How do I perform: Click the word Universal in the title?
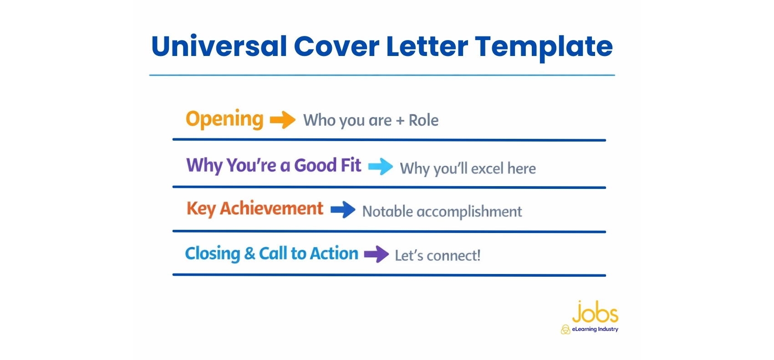(x=219, y=46)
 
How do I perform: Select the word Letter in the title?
(x=427, y=46)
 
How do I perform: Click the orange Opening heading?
(x=224, y=120)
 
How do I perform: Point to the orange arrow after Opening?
(x=283, y=120)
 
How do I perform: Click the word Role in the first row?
(x=423, y=120)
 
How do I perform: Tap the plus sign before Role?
(x=400, y=121)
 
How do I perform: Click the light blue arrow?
(x=381, y=167)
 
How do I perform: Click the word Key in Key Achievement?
(x=201, y=209)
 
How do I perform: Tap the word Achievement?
(x=272, y=208)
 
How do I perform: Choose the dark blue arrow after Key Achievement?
(x=343, y=210)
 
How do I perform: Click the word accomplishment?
(x=469, y=212)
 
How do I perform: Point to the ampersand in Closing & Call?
(x=250, y=254)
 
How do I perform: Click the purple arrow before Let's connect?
(x=376, y=254)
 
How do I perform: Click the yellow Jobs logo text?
(x=596, y=312)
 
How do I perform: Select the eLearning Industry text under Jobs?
(x=595, y=329)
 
